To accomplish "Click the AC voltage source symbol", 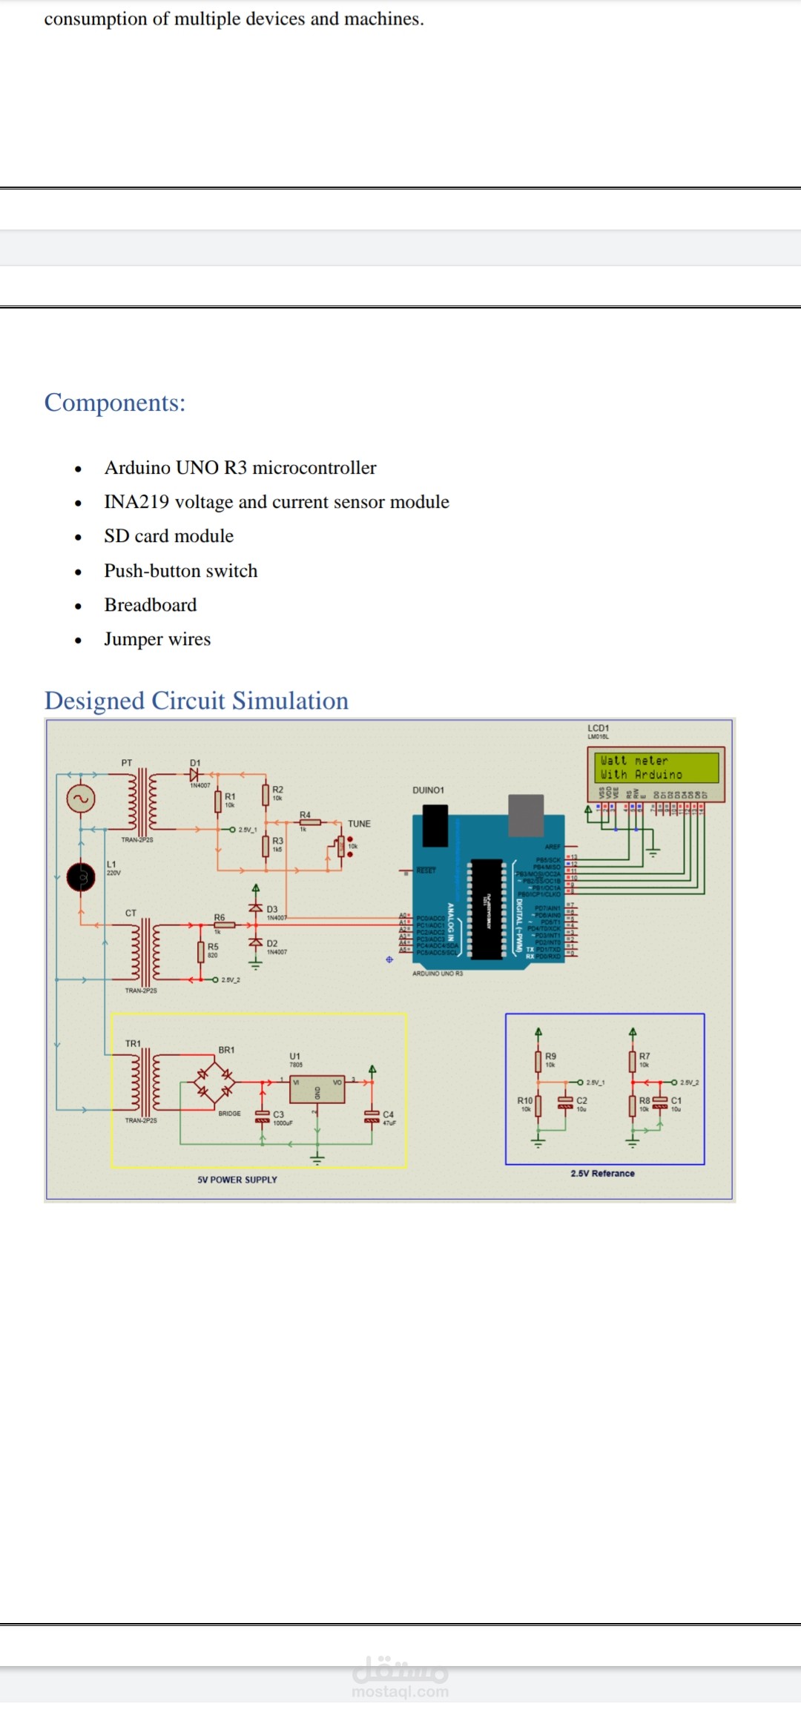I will coord(80,799).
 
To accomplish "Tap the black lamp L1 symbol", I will coord(81,877).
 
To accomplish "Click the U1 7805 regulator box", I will coord(317,1090).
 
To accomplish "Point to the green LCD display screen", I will coord(656,767).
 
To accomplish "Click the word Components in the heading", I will coord(114,403).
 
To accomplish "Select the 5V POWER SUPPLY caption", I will coord(237,1180).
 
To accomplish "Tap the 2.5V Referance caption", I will coord(602,1174).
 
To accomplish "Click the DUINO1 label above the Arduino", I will coord(428,790).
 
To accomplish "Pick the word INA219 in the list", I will coord(136,502).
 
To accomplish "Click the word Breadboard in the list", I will coord(151,605).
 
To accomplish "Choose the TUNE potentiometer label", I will coord(359,824).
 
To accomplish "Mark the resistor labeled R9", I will coord(538,1061).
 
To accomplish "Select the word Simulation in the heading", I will coord(290,701).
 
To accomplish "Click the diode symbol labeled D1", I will coord(194,774).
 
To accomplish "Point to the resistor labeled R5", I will coord(200,951).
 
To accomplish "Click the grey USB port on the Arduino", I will coord(526,816).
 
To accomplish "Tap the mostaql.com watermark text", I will coord(400,1692).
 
